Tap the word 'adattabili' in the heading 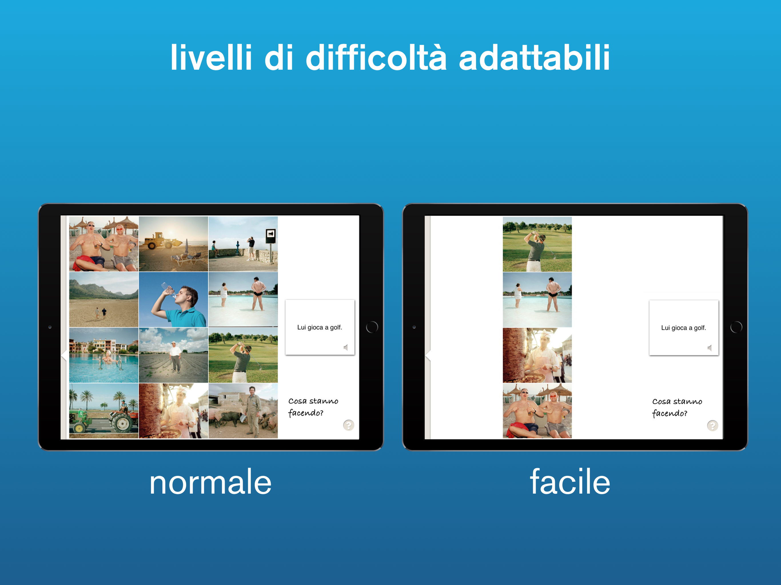coord(535,57)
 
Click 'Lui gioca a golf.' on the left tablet coord(320,327)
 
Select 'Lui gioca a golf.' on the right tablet coord(684,328)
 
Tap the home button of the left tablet coord(372,327)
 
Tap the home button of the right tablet coord(736,327)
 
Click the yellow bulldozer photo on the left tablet coord(173,244)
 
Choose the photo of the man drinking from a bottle coord(173,300)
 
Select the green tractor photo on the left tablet coord(104,411)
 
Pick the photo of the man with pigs coord(243,411)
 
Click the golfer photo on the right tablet coord(537,244)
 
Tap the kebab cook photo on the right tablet coord(537,355)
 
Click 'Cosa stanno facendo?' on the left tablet coord(313,407)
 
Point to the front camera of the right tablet coord(414,327)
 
